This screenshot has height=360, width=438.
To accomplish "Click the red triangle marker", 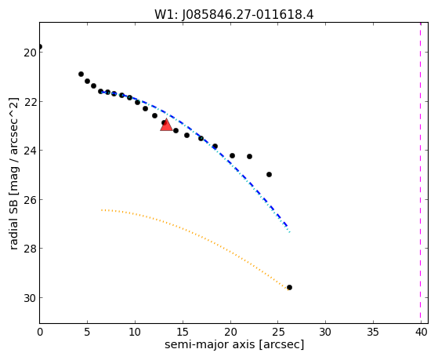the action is point(166,125).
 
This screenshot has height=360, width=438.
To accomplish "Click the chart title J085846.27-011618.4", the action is point(248,14).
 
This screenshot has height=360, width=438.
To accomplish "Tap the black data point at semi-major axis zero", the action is point(40,47).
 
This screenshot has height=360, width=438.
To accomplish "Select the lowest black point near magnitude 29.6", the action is point(289,287).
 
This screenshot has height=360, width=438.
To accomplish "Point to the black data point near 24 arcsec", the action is point(269,175).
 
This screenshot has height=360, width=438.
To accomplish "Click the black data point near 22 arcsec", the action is point(249,156).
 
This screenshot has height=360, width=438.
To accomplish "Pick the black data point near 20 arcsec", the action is point(232,155).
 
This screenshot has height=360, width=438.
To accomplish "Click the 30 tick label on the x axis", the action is point(325,332).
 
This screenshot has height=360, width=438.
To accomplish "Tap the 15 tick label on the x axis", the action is point(183,332).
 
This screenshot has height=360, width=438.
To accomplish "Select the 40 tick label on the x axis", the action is point(421,332).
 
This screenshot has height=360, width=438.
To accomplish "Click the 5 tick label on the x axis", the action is point(87,332).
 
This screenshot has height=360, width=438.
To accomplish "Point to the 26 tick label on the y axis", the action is point(30,199).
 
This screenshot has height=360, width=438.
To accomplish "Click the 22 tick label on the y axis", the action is point(30,101).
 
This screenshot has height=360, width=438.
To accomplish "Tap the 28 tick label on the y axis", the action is point(30,249).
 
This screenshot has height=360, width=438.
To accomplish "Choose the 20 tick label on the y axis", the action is point(30,53).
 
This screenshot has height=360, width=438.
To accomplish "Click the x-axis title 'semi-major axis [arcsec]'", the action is point(234,344).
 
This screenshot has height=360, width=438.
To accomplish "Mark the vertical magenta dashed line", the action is point(421,173).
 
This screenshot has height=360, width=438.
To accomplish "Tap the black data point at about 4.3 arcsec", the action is point(81,75).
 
